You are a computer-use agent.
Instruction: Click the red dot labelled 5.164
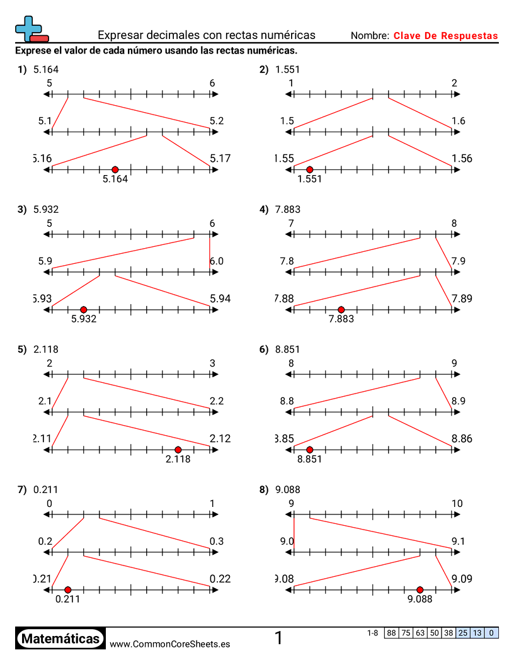click(x=115, y=169)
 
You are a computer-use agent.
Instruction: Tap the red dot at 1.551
click(x=309, y=169)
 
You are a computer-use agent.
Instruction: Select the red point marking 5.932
click(x=84, y=309)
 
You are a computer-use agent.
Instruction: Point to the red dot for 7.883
click(x=341, y=309)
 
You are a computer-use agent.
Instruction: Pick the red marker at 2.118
click(x=178, y=450)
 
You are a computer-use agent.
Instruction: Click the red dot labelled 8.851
click(x=309, y=450)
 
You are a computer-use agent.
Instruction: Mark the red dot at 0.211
click(x=68, y=589)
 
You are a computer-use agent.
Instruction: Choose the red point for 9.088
click(x=420, y=589)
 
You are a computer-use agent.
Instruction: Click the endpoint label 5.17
click(x=220, y=159)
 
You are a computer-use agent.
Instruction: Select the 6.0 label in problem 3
click(x=217, y=261)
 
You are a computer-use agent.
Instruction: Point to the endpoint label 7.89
click(x=462, y=298)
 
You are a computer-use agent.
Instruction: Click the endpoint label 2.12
click(x=220, y=439)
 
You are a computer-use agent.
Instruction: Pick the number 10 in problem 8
click(x=457, y=503)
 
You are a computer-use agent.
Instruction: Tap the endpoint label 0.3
click(x=217, y=541)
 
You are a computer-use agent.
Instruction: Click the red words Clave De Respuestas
click(x=445, y=36)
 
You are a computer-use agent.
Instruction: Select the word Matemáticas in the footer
click(x=60, y=639)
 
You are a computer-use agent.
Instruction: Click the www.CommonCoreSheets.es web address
click(x=169, y=644)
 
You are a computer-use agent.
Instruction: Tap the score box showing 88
click(x=391, y=633)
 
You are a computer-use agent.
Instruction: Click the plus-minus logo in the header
click(x=31, y=28)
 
